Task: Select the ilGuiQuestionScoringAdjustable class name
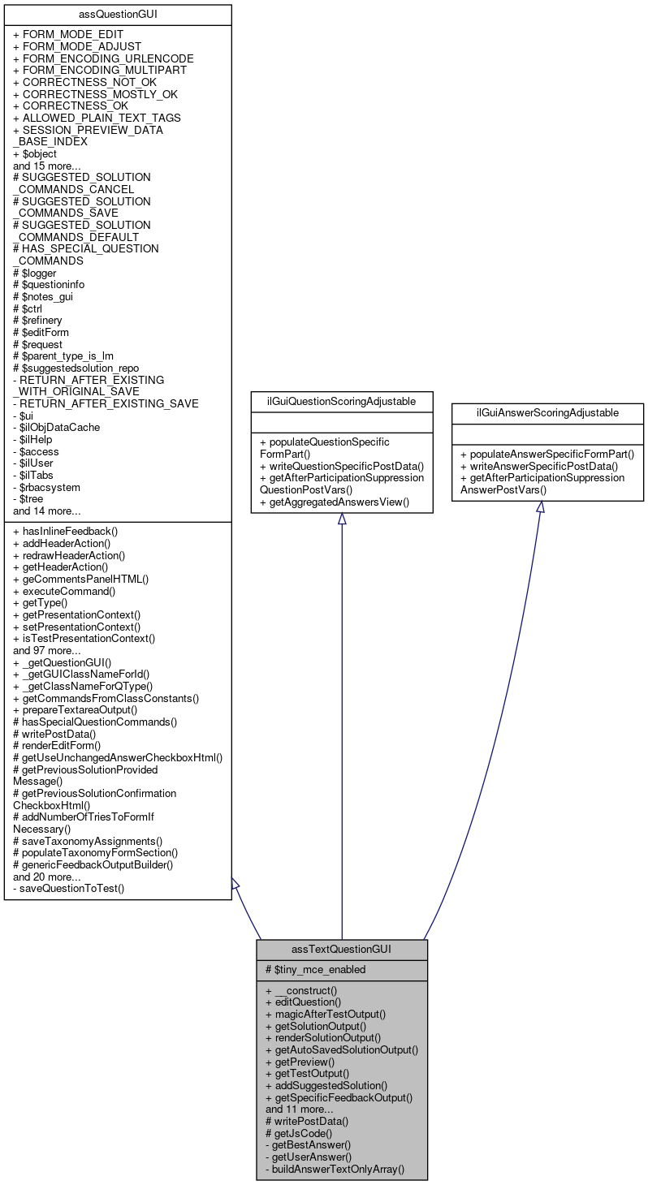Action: tap(341, 400)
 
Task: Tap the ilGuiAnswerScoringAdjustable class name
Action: tap(539, 413)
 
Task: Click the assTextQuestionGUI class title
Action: tap(341, 949)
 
